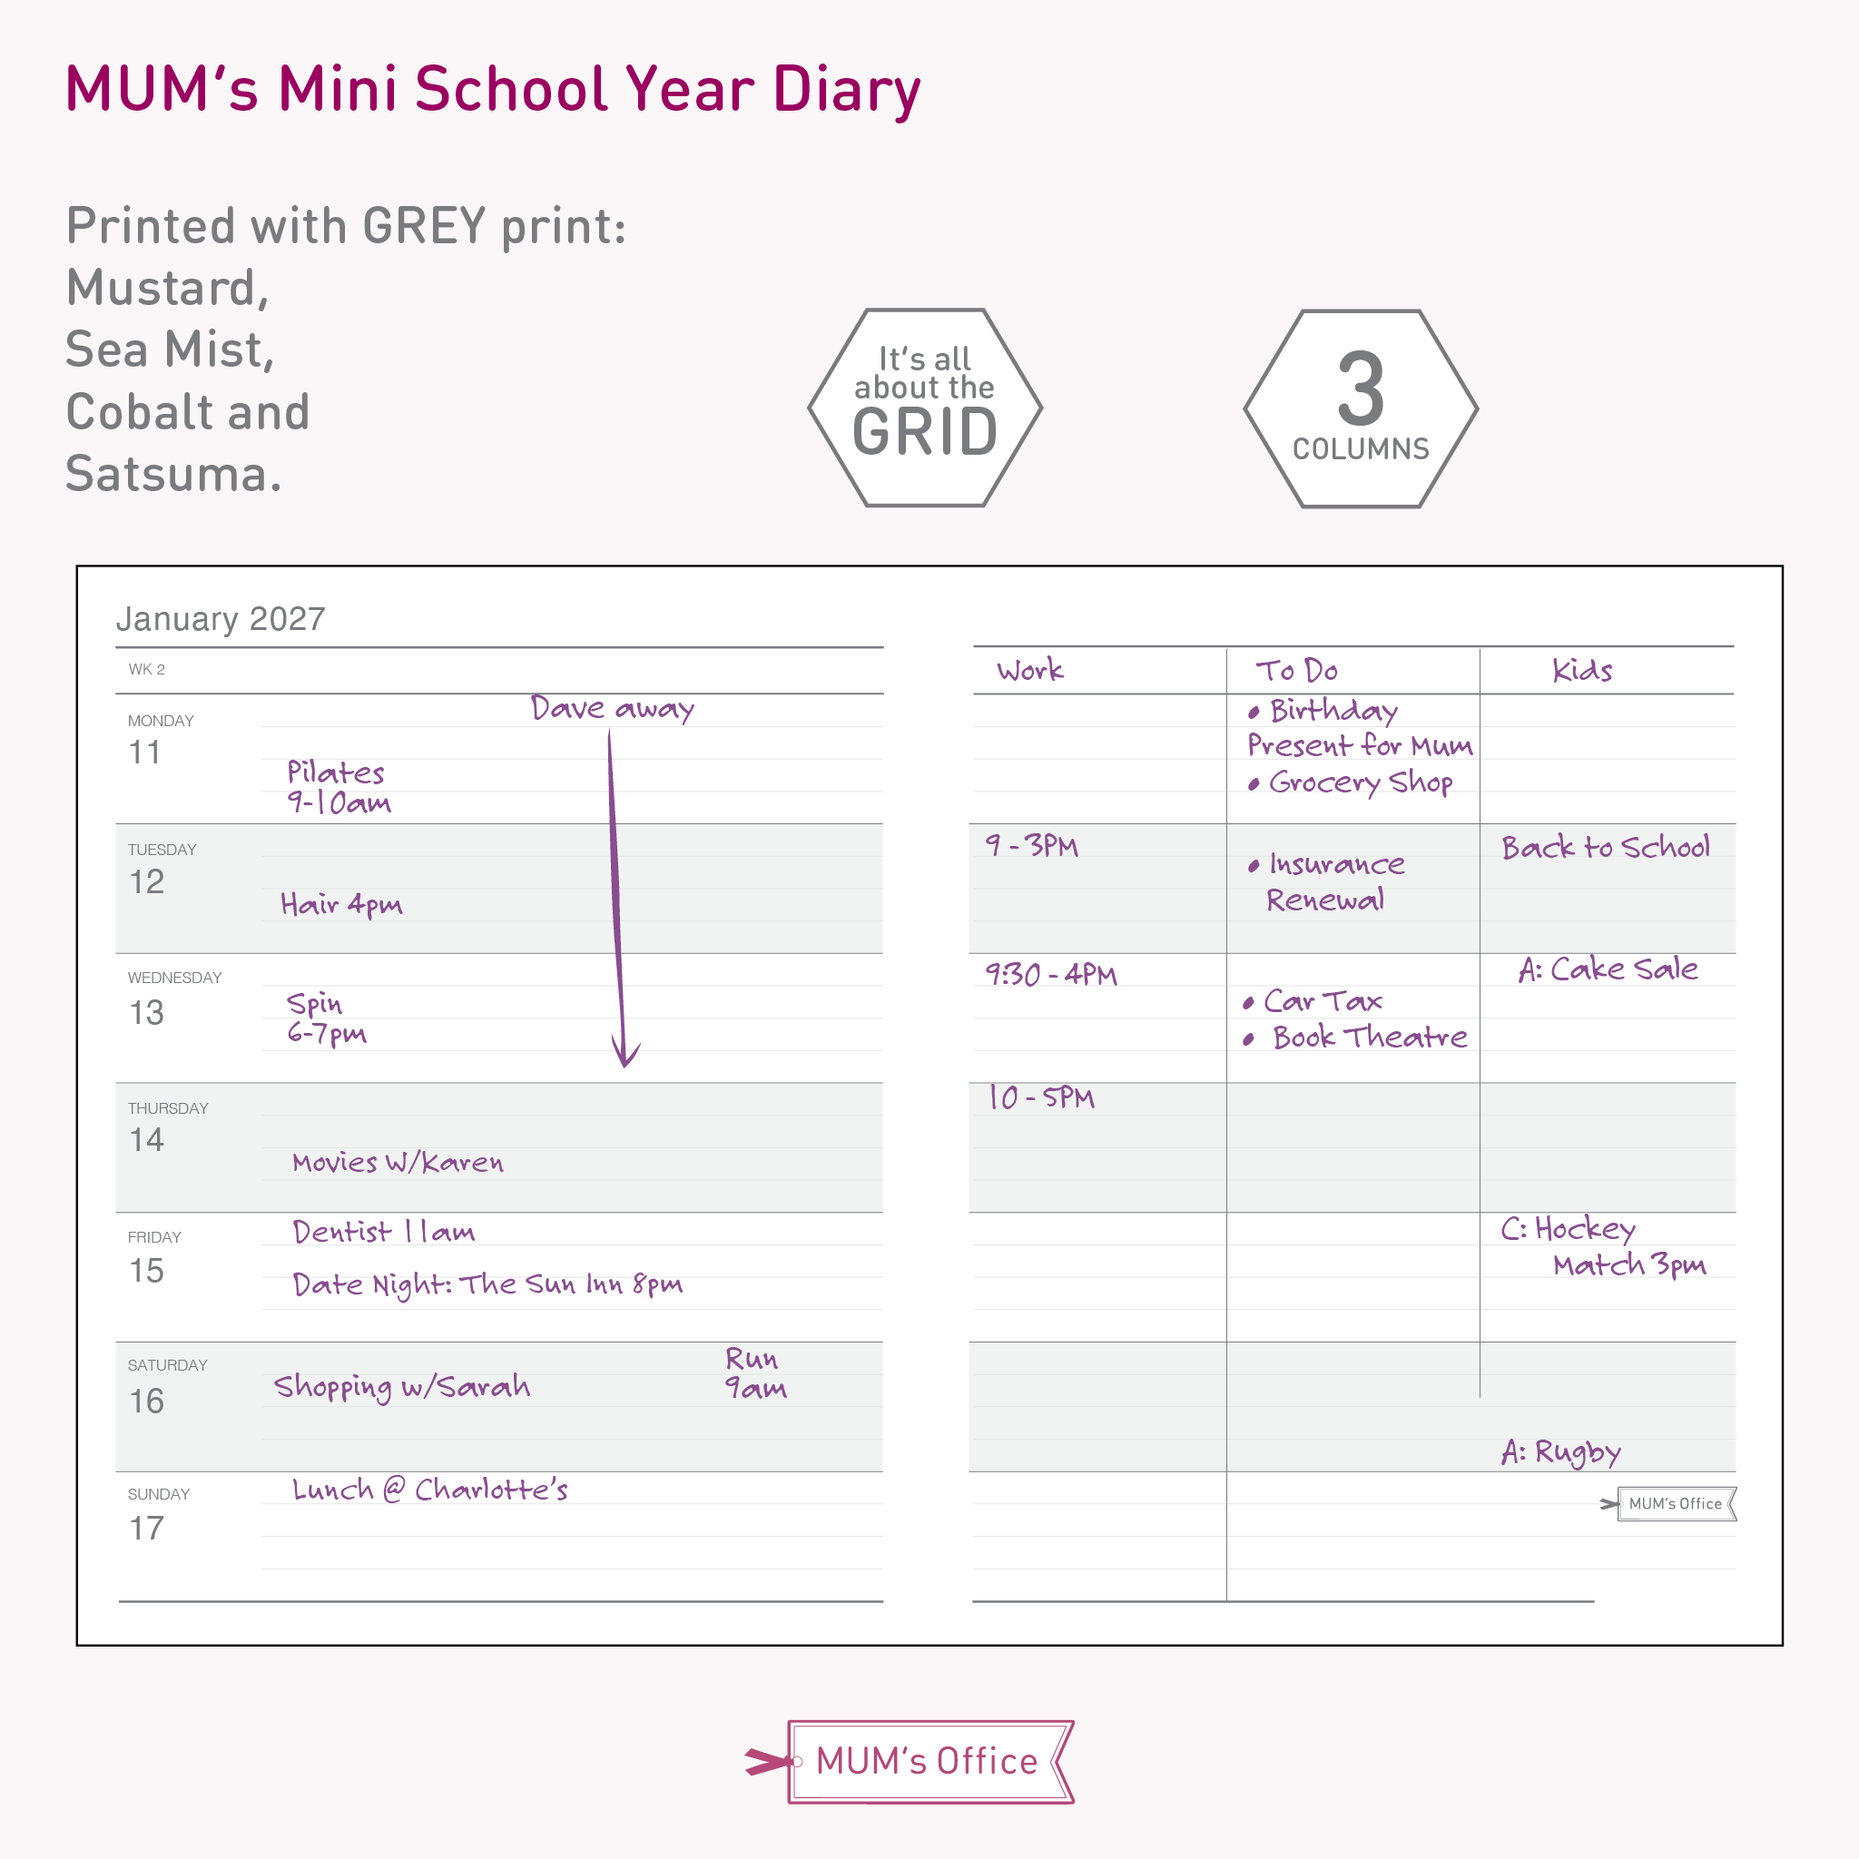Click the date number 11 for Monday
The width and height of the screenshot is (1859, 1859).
click(144, 752)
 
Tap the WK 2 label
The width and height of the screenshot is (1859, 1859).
click(146, 670)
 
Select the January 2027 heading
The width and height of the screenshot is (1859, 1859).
click(221, 619)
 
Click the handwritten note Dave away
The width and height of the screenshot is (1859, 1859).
click(612, 709)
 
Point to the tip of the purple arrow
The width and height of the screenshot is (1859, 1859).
click(625, 1065)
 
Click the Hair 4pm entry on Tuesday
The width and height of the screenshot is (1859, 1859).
click(340, 904)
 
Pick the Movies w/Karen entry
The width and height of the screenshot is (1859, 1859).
click(398, 1163)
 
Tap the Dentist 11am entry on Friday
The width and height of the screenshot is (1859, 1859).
click(383, 1232)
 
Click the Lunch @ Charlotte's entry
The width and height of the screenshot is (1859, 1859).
click(429, 1490)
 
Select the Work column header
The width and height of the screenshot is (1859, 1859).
click(1029, 670)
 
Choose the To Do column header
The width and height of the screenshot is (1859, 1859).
click(1296, 670)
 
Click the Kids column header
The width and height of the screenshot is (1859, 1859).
click(1582, 670)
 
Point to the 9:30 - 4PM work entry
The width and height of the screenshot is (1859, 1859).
click(1051, 975)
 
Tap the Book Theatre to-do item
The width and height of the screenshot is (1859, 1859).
click(1368, 1038)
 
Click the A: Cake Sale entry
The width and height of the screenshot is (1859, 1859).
click(1607, 969)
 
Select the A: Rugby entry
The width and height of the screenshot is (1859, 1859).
click(1560, 1451)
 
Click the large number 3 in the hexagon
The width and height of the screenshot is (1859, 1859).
click(1361, 389)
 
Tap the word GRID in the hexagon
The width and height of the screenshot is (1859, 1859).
click(925, 432)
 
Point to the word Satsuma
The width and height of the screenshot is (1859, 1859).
click(173, 475)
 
